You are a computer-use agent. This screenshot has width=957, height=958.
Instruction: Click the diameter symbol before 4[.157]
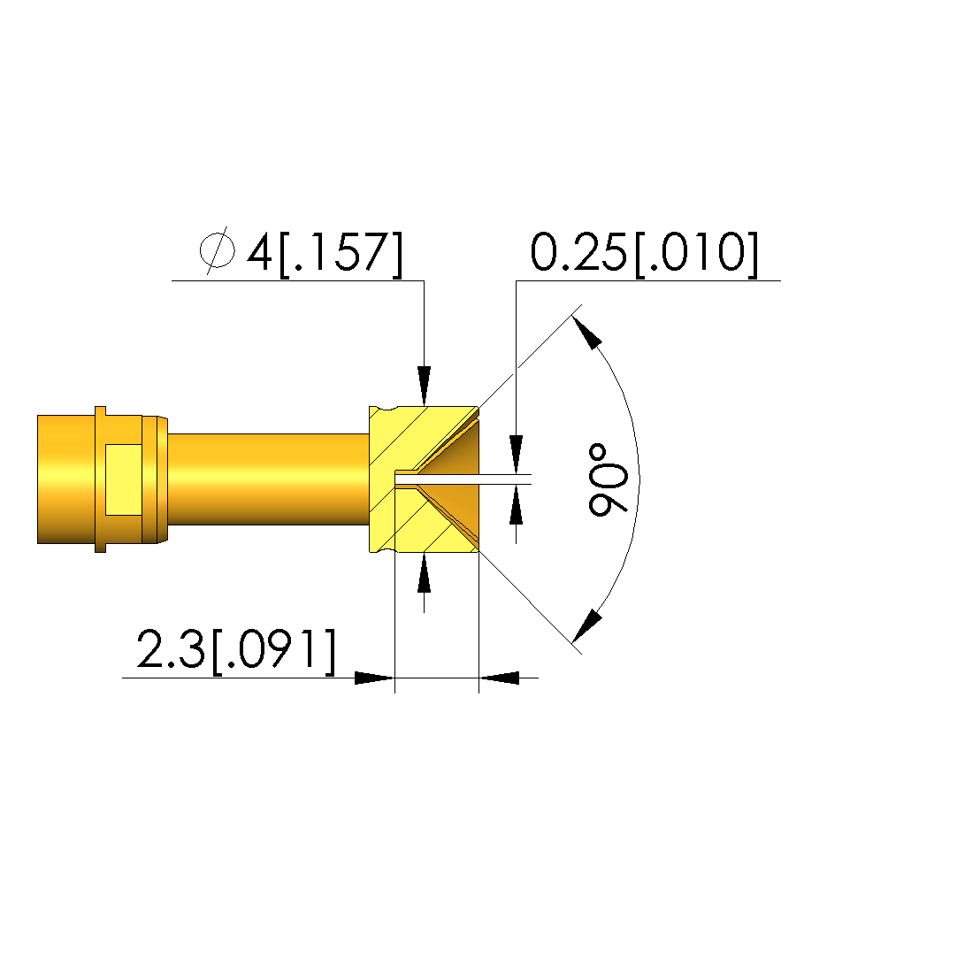pyautogui.click(x=218, y=249)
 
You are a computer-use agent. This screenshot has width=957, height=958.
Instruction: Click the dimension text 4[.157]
pyautogui.click(x=325, y=253)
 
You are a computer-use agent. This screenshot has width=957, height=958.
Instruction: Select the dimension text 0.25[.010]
pyautogui.click(x=644, y=253)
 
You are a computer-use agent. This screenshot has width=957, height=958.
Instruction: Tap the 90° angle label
pyautogui.click(x=607, y=479)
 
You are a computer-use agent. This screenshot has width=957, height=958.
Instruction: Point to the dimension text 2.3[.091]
pyautogui.click(x=236, y=650)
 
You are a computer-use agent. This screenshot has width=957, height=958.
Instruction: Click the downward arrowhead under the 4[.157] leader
pyautogui.click(x=424, y=386)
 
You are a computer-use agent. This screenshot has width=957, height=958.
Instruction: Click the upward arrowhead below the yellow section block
pyautogui.click(x=424, y=573)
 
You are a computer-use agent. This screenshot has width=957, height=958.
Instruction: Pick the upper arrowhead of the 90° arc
pyautogui.click(x=587, y=332)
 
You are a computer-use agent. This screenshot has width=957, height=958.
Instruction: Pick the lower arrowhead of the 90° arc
pyautogui.click(x=587, y=626)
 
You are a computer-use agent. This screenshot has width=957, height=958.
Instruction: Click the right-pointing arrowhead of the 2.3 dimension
pyautogui.click(x=375, y=678)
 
